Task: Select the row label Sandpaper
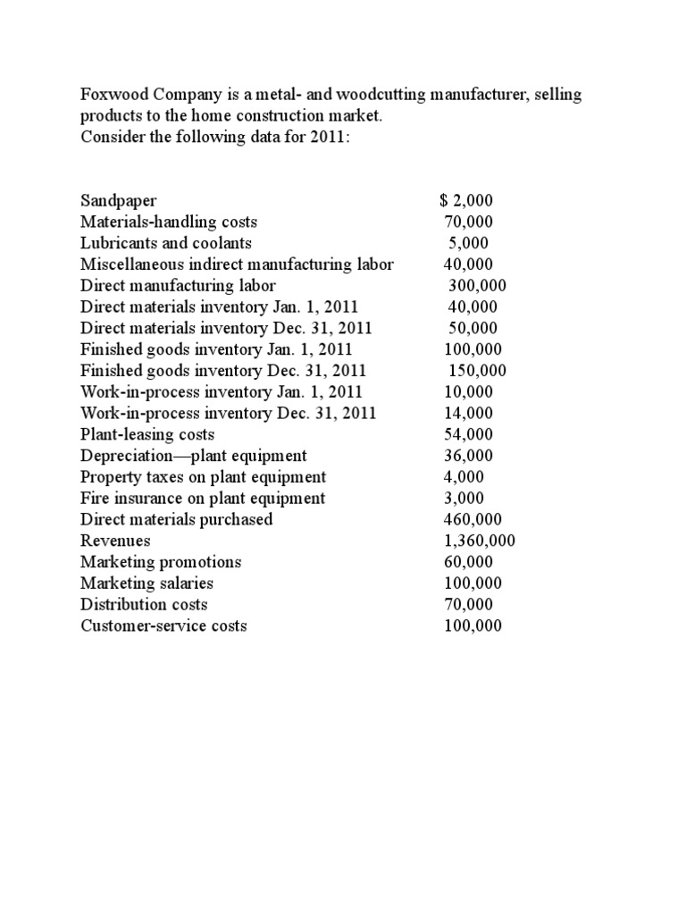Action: tap(119, 200)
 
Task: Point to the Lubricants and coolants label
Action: tap(166, 243)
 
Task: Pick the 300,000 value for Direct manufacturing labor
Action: tap(477, 286)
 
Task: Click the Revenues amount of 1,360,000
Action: tap(479, 541)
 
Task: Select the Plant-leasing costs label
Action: tap(147, 434)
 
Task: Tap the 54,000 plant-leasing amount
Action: tap(468, 434)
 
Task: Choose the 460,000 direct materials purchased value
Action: tap(473, 519)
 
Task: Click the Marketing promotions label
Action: tap(161, 562)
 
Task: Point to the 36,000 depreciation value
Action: tap(468, 456)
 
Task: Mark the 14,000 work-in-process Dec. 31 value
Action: tap(468, 413)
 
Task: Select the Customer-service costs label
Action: tap(163, 626)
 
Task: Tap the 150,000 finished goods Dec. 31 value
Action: tap(477, 370)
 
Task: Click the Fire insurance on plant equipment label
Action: tap(203, 498)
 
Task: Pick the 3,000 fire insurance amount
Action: tap(464, 498)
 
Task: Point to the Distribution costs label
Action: tap(144, 605)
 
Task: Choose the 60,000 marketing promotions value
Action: tap(468, 562)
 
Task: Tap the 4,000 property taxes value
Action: tap(464, 477)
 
